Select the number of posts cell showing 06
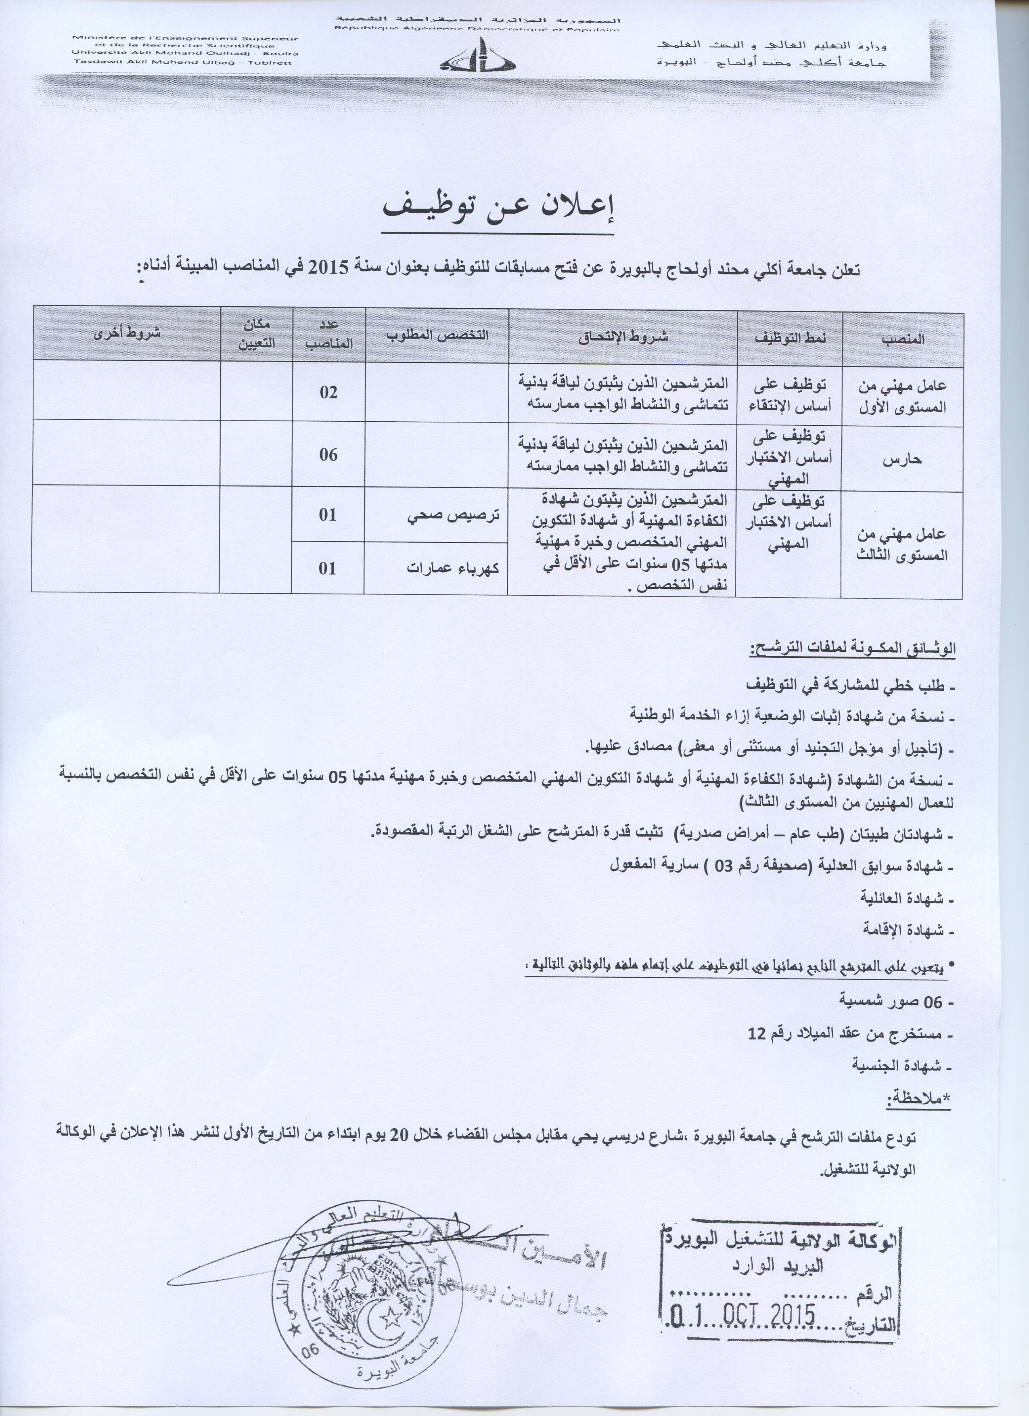click(328, 454)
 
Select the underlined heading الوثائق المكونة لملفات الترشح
click(852, 649)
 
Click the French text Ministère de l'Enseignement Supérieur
click(186, 39)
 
